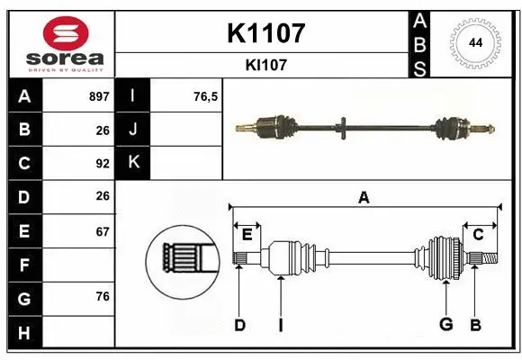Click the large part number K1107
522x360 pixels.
coord(265,33)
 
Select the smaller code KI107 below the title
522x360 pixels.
coord(265,65)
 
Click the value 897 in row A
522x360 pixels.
coord(99,96)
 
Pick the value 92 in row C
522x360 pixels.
coord(102,164)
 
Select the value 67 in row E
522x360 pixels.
coord(102,231)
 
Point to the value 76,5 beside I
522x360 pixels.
coord(206,96)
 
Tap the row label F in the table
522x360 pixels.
coord(24,265)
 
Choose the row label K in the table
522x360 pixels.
coord(133,163)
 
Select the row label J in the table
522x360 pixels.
coord(133,130)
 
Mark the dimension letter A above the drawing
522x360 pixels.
coord(364,197)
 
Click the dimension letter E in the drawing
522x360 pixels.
coord(247,235)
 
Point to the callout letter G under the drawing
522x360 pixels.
coord(445,325)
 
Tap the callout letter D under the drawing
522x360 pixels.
coord(239,325)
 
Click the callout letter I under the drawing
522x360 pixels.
coord(280,325)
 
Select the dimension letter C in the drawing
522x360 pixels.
coord(478,235)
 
